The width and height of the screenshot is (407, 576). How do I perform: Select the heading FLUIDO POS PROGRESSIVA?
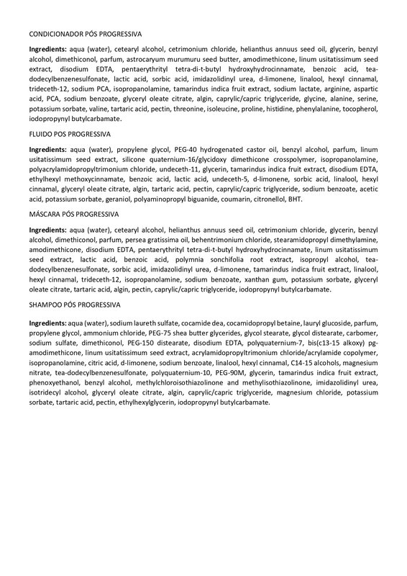(69, 135)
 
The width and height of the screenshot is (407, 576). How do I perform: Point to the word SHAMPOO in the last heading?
(46, 305)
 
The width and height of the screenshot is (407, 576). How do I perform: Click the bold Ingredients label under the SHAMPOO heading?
(47, 325)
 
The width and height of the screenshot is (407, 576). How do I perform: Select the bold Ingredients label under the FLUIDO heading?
(47, 149)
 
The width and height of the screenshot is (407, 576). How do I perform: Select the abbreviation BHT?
(295, 199)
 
